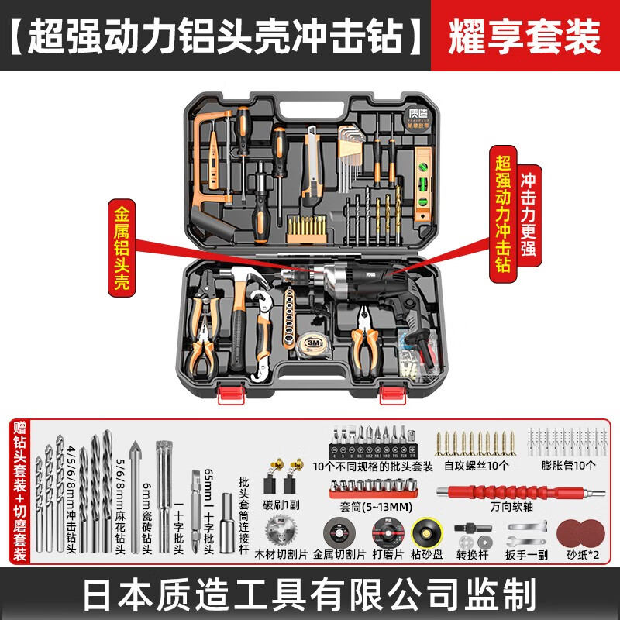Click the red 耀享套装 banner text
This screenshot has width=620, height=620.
pos(525,35)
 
